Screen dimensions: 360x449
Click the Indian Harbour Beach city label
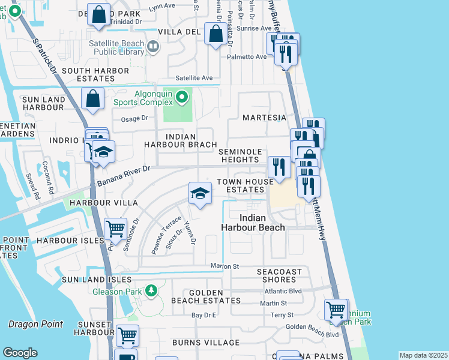point(261,223)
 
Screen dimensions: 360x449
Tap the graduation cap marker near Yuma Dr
point(200,193)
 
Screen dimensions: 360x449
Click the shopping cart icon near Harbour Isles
point(115,229)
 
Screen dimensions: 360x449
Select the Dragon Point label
point(35,325)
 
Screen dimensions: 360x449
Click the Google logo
point(20,352)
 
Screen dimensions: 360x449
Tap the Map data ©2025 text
point(423,355)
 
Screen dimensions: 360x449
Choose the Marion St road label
point(224,266)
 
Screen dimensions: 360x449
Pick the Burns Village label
point(206,343)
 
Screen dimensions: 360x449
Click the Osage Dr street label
point(134,119)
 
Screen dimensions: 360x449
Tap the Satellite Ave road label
point(194,78)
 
